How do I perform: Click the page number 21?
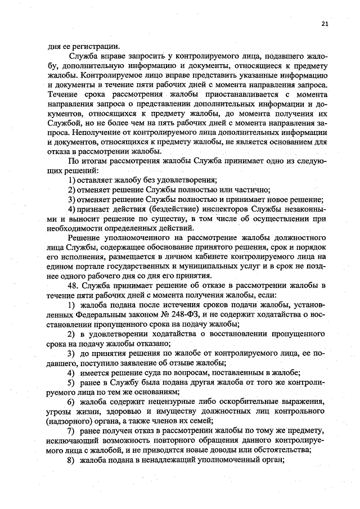[325, 24]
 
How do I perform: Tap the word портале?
[85, 265]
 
